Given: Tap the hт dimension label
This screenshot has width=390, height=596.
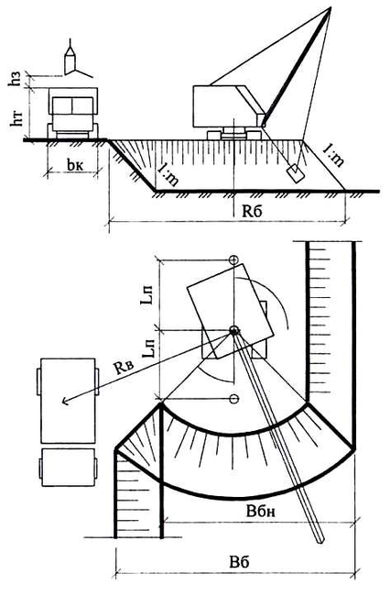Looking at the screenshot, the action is pos(16,116).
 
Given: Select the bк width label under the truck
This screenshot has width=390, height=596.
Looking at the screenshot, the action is pos(75,164).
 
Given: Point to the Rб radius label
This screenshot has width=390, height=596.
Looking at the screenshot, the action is pos(252,211).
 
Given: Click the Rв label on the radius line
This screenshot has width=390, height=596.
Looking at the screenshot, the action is pos(123,368).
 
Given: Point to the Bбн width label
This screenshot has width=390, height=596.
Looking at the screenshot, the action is pos(261,512).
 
